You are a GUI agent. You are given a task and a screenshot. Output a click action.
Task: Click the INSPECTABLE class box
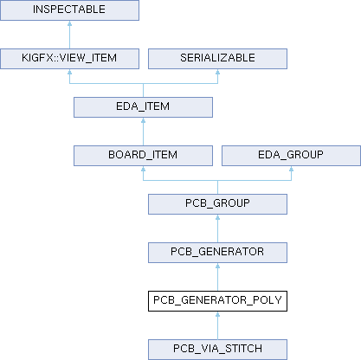coord(69,10)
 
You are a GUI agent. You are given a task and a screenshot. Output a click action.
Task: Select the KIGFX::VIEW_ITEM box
coord(69,59)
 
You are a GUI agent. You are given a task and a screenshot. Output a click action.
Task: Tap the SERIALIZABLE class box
coord(217,59)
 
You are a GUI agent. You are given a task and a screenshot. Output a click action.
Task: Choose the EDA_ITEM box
coord(143,107)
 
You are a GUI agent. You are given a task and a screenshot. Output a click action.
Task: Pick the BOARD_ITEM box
coord(143,156)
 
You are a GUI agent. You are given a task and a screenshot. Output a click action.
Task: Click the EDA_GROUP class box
coord(291,156)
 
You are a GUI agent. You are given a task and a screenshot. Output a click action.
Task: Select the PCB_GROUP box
coord(217,204)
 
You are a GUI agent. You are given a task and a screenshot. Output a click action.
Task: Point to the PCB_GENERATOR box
coord(217,253)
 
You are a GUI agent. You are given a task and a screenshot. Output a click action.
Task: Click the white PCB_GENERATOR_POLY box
coord(217,301)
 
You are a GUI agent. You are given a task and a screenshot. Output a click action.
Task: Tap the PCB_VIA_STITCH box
coord(217,350)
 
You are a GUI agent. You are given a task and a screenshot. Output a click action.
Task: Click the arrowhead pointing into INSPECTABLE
coord(69,23)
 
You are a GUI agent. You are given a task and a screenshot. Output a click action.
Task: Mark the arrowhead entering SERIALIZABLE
coord(217,72)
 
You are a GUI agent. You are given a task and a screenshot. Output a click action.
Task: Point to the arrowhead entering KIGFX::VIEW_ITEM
coord(69,72)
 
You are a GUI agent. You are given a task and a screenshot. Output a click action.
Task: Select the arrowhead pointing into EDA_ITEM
coord(143,120)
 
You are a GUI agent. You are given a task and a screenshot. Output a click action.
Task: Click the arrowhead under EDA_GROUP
coord(291,169)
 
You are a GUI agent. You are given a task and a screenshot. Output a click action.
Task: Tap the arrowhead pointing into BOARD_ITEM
coord(143,169)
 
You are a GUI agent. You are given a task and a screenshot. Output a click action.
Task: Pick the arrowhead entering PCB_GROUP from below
coord(217,217)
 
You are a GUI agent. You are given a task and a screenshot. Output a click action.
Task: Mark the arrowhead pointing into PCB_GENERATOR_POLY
coord(217,314)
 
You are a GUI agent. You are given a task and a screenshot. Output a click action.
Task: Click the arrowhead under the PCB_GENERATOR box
coord(217,266)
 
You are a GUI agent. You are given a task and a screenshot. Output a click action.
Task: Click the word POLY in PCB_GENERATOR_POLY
coord(268,300)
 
